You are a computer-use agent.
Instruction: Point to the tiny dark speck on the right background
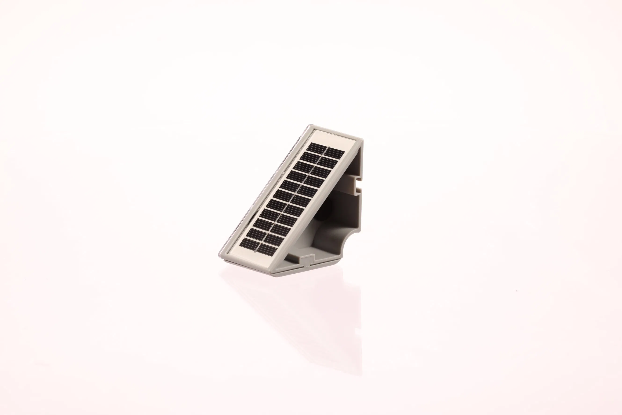point(517,291)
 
